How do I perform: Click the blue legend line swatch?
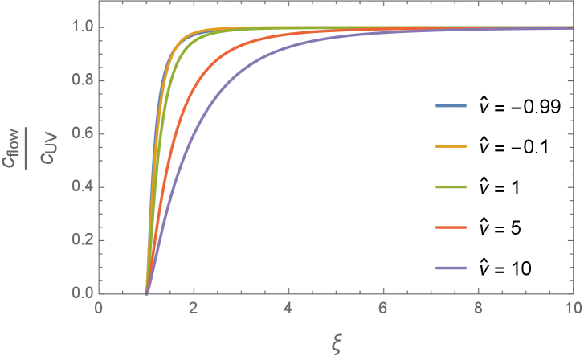coord(450,106)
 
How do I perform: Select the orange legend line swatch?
coord(450,146)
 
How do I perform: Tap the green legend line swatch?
coord(450,186)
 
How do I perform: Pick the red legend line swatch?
coord(450,227)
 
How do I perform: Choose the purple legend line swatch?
coord(450,268)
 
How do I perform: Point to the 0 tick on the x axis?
coord(98,309)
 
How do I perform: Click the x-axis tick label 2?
coord(193,309)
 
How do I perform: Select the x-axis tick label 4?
coord(288,309)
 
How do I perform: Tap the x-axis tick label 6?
coord(383,309)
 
